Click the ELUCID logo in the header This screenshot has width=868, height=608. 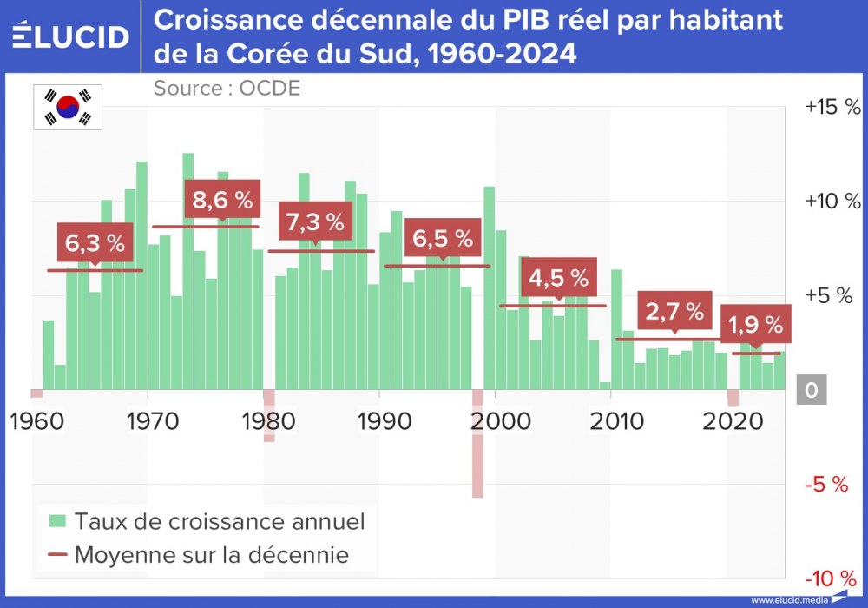coord(71,36)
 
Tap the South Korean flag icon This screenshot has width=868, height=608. coord(68,107)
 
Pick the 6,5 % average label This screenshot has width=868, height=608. coord(443,238)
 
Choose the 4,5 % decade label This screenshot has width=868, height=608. coord(558,278)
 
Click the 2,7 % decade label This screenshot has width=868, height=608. coord(674,312)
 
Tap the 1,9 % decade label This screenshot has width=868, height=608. coord(755,326)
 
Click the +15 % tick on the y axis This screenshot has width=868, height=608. coord(832,107)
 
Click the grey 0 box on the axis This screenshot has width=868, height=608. coord(811,391)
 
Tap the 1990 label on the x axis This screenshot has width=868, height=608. coord(380,421)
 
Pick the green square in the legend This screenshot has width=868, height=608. coord(58,521)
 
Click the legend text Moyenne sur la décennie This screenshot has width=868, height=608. coord(211,554)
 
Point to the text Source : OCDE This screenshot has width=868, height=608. coord(227,88)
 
